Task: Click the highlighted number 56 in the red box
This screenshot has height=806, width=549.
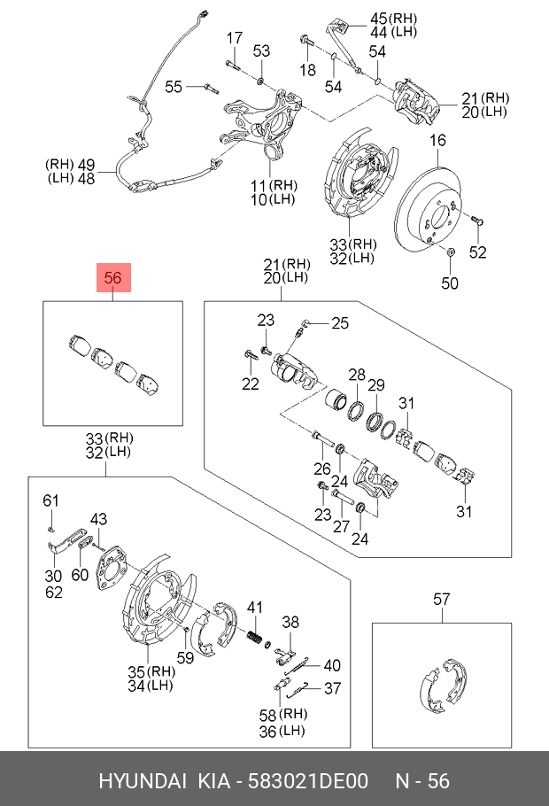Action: tap(113, 278)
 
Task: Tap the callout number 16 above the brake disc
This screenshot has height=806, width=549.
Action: tap(438, 140)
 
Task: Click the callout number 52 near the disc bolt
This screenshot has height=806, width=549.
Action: tap(477, 252)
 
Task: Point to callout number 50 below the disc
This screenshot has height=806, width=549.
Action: tap(450, 283)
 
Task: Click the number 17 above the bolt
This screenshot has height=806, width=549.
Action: tap(235, 38)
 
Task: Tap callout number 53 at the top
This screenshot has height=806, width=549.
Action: tap(261, 50)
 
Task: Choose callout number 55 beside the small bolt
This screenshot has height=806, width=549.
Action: tap(174, 87)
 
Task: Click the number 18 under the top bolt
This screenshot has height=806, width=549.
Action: tap(307, 69)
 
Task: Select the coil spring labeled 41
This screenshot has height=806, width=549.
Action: tap(254, 638)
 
